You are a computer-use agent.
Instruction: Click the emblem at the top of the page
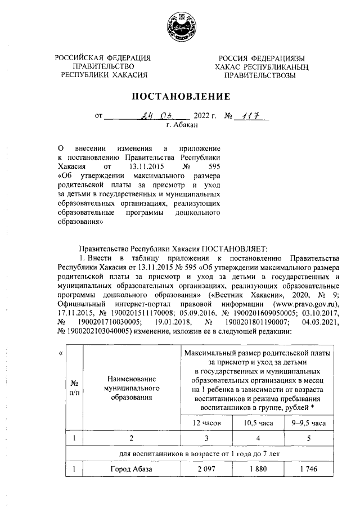pos(180,25)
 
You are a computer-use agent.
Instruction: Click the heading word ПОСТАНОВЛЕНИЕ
pos(181,96)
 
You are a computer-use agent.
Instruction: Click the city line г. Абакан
pos(180,127)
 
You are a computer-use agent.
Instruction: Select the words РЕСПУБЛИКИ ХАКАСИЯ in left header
pos(104,74)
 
